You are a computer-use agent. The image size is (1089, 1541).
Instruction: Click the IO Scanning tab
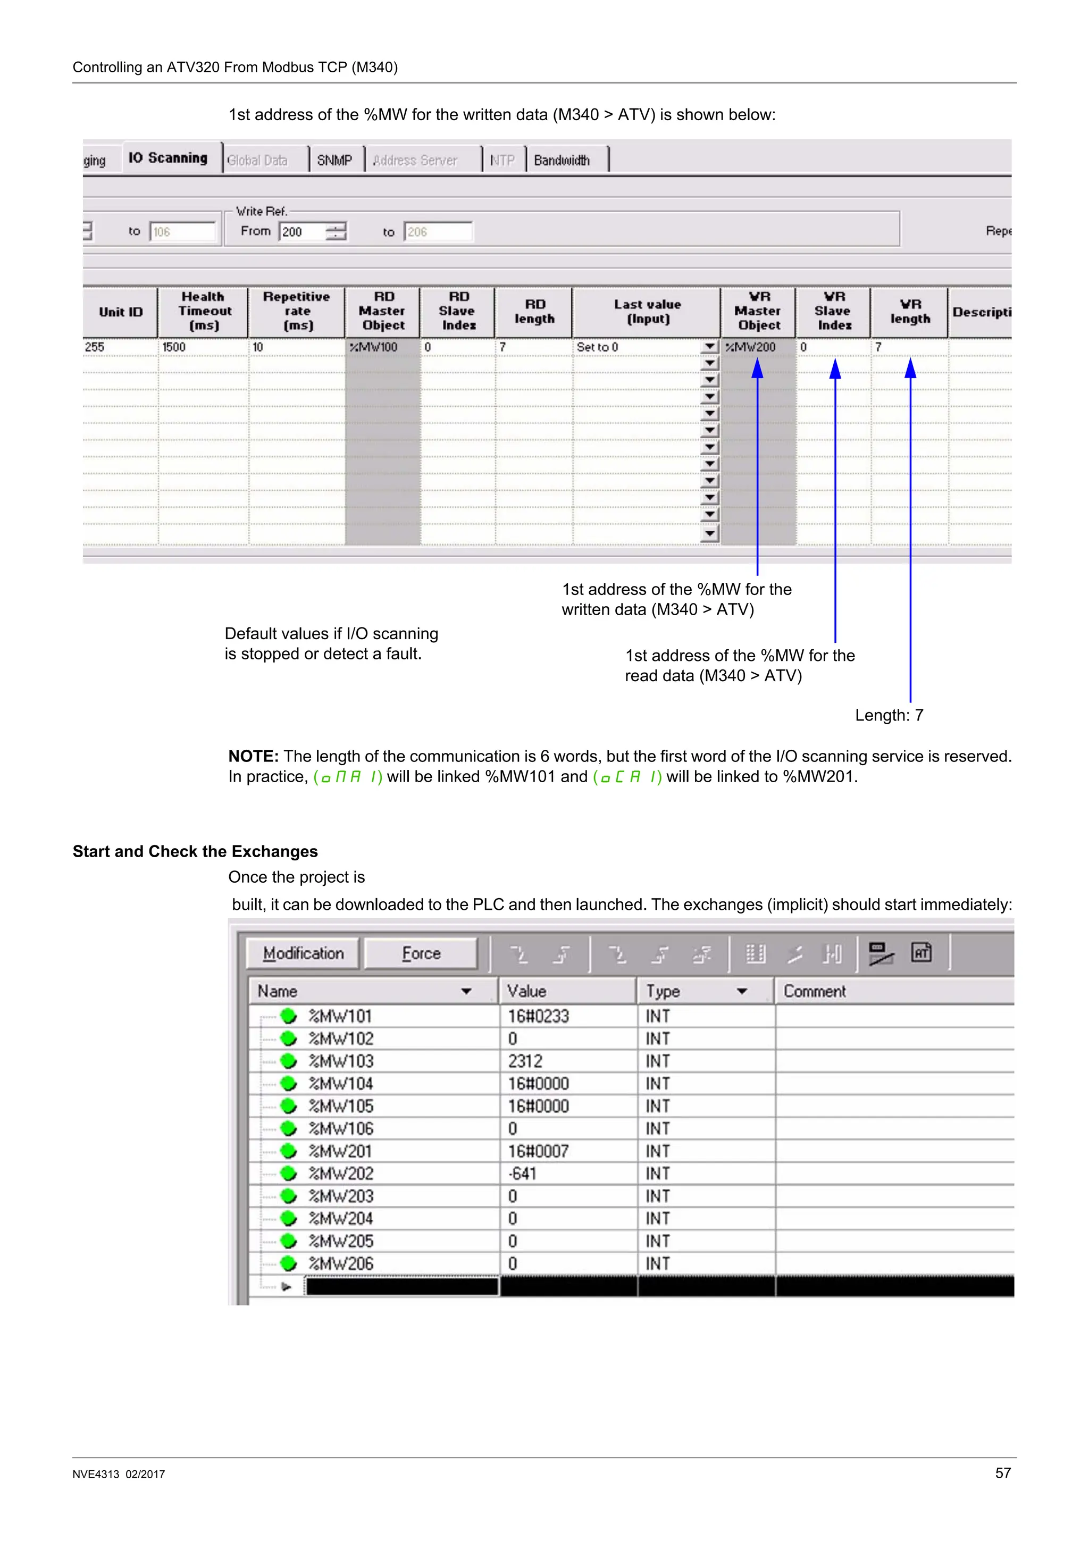coord(167,158)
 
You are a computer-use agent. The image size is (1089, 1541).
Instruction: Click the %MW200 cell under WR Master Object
coord(751,347)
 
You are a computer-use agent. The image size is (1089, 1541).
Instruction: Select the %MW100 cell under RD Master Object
coord(374,347)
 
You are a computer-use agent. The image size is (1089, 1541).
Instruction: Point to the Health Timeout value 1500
coord(174,347)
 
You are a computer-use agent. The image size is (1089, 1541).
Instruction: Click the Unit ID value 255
coord(95,347)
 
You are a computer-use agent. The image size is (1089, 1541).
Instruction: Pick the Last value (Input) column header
coord(647,312)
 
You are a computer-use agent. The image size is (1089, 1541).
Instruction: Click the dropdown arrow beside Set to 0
coord(709,347)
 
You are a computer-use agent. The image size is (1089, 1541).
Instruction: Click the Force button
coord(421,954)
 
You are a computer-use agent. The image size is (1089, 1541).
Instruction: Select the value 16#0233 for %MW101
coord(538,1016)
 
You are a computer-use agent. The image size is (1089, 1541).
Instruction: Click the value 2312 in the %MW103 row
coord(525,1061)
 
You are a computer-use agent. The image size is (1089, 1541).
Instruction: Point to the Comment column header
coord(815,991)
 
